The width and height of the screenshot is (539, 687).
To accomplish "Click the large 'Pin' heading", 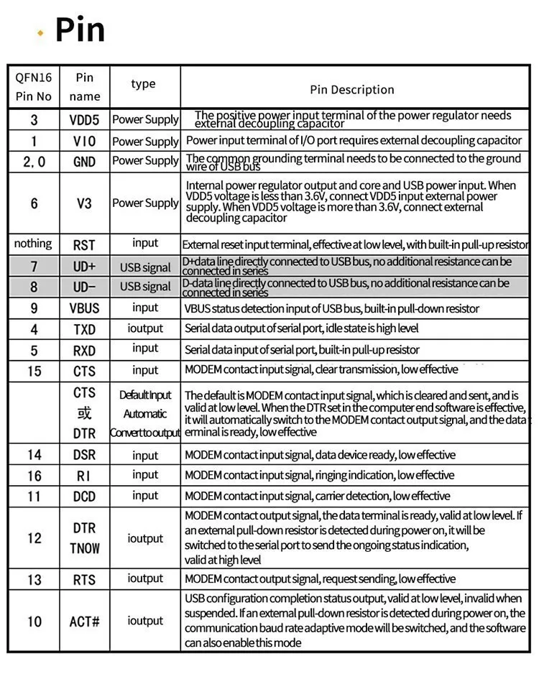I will (80, 29).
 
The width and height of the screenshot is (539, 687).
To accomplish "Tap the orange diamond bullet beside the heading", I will (40, 32).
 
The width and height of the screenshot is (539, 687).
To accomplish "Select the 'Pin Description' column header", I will (352, 90).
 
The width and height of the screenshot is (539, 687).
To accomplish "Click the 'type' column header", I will (143, 84).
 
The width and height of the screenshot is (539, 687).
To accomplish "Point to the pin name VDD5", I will (84, 120).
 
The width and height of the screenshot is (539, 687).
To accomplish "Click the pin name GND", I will (84, 162).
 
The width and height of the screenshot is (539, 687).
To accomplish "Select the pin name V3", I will (84, 203).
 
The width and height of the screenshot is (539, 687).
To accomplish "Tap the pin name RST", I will (84, 245).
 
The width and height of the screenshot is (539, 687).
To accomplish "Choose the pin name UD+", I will (84, 267).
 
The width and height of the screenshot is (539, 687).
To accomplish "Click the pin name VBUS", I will (84, 308).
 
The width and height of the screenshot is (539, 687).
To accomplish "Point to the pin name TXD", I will (84, 330).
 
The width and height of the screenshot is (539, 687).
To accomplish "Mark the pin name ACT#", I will (84, 622).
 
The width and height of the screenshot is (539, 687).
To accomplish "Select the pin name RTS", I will (84, 580).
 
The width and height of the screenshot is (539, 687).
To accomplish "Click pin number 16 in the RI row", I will (34, 476).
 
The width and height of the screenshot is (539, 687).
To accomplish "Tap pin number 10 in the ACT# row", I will (34, 622).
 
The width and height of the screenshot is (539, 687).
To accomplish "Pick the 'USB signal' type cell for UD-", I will (145, 287).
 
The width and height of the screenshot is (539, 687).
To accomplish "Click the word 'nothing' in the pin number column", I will (33, 244).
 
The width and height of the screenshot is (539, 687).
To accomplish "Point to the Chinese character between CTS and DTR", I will (84, 414).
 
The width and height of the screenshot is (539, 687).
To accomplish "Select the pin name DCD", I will (84, 497).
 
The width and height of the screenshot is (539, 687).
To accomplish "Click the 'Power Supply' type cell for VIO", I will (145, 142).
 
